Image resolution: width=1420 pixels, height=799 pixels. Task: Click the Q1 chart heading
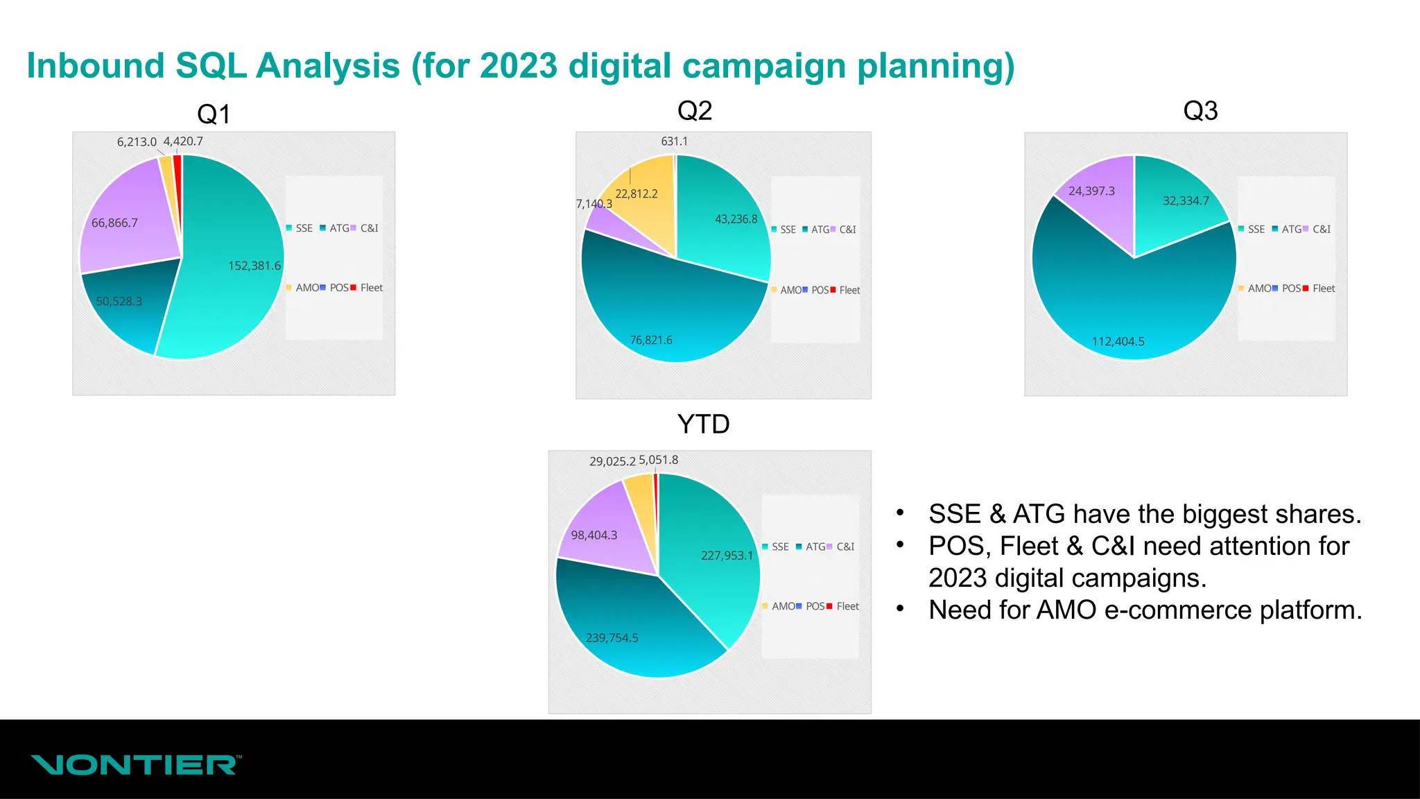[214, 114]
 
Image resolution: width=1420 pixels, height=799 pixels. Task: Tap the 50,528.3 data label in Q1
[119, 302]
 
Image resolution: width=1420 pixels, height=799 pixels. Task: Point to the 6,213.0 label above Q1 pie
[137, 142]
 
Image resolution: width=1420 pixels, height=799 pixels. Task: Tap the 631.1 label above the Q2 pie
[674, 141]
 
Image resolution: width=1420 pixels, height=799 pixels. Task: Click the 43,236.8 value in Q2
[736, 219]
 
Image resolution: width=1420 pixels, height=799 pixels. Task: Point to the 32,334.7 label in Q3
[1186, 201]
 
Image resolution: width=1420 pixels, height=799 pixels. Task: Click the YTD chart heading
[703, 424]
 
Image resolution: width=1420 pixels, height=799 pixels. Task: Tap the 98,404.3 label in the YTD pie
[594, 535]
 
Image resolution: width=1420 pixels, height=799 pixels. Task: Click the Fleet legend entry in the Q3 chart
[1323, 289]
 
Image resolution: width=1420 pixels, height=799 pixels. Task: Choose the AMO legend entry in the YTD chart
[783, 606]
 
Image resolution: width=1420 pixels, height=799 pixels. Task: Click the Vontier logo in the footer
[136, 765]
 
